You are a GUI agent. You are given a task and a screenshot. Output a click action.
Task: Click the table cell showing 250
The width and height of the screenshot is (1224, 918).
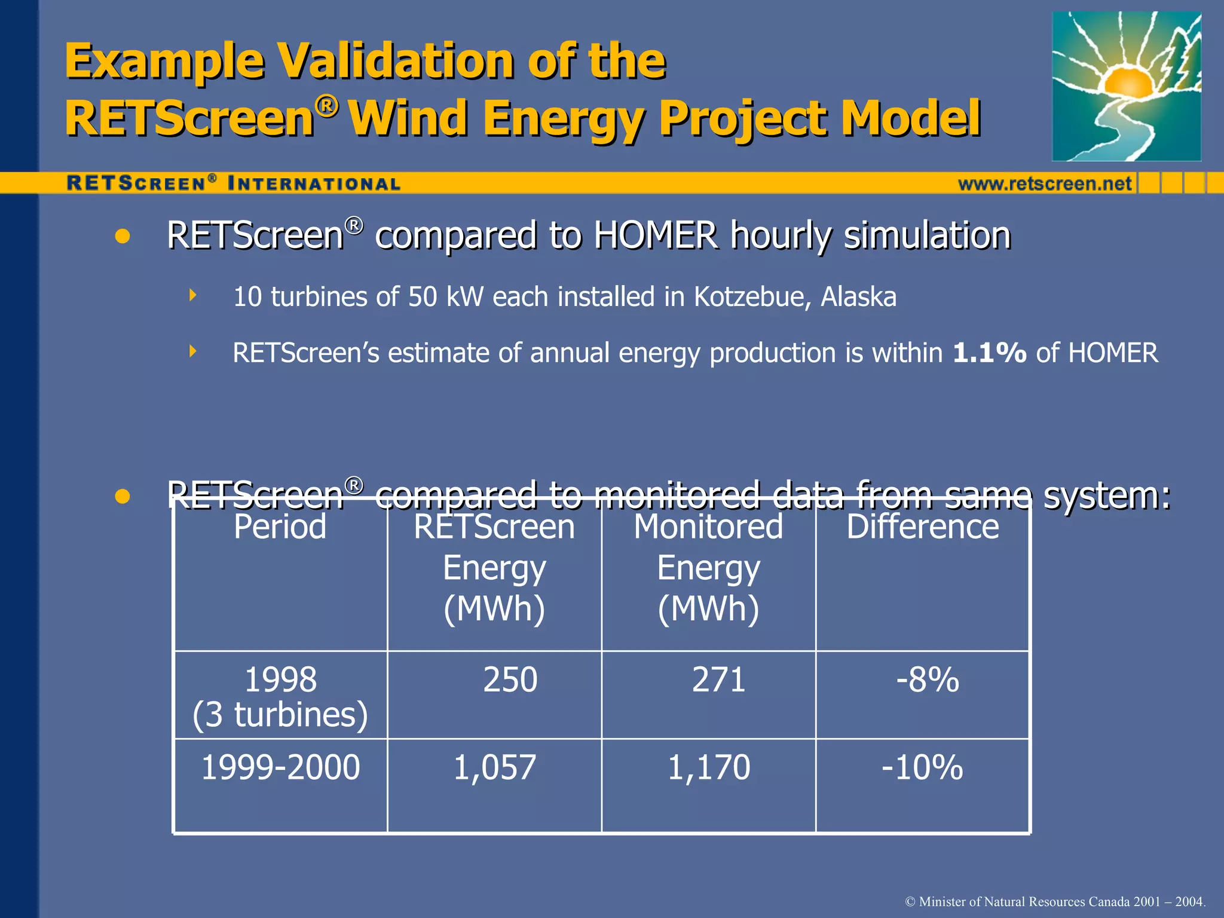(x=510, y=680)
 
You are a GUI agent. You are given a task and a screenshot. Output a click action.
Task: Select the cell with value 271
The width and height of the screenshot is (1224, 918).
(x=718, y=680)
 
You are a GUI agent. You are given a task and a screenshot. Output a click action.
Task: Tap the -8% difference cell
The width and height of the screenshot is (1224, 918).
(x=927, y=680)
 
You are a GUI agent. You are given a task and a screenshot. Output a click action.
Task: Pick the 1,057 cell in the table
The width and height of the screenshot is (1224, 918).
(x=494, y=768)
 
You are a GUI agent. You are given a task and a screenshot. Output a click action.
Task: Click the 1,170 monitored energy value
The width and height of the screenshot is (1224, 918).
(x=708, y=768)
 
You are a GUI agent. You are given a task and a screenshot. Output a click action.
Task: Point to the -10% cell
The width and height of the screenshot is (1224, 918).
(x=922, y=768)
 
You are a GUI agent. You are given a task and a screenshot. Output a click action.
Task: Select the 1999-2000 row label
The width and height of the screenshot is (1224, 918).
(x=280, y=768)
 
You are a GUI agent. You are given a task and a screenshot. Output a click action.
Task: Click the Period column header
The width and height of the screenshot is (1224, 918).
(x=280, y=527)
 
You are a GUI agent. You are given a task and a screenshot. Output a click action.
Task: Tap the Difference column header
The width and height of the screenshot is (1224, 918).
(x=922, y=527)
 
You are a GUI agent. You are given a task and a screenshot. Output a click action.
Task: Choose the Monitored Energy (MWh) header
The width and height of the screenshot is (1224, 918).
(x=708, y=568)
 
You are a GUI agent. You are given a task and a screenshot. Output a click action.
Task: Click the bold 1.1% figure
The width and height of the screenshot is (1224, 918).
(x=989, y=353)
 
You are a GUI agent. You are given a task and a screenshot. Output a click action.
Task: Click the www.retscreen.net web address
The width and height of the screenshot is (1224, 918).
(x=1045, y=183)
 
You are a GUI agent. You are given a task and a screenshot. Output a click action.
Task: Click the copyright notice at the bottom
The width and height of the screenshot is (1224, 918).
(x=1055, y=901)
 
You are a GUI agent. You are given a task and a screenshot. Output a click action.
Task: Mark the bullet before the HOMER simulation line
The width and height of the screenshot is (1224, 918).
(x=123, y=236)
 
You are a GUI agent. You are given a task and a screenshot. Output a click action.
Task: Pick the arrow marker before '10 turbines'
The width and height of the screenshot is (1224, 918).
(x=192, y=295)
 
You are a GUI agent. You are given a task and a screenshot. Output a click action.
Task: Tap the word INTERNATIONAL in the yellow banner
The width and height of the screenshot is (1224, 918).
(x=314, y=183)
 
